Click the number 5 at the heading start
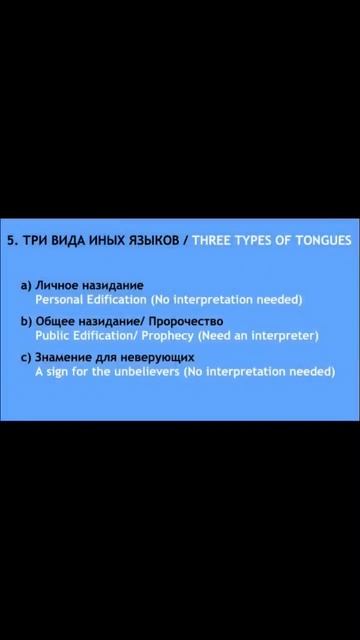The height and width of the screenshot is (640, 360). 10,241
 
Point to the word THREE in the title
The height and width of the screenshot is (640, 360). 213,241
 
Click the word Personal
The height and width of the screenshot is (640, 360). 60,299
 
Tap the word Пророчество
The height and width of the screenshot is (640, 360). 186,322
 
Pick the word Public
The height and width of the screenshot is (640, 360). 53,335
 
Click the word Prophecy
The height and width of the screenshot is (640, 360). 168,335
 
